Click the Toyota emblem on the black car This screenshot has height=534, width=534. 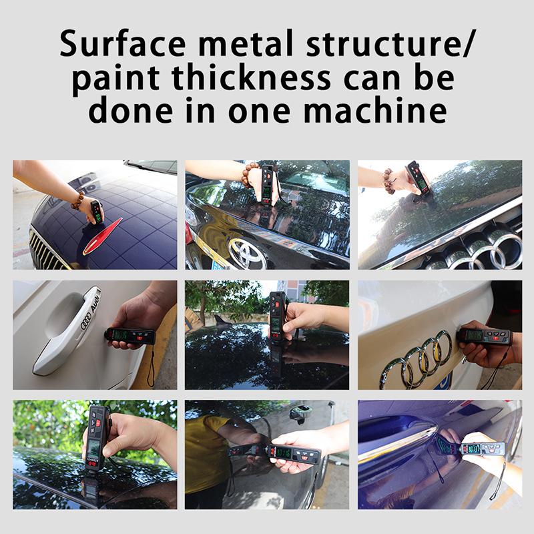point(247,253)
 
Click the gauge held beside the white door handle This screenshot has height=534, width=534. point(129,335)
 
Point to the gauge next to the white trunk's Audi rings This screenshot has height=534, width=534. point(485,336)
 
